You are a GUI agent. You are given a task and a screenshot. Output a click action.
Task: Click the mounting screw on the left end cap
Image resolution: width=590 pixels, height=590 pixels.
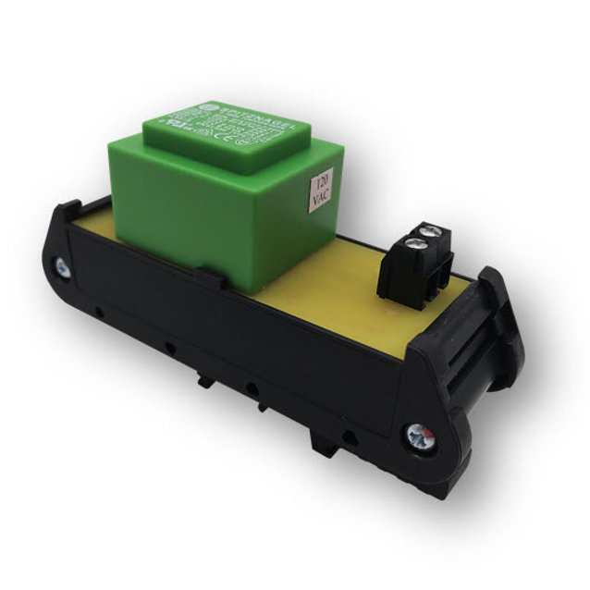pyautogui.click(x=61, y=268)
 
